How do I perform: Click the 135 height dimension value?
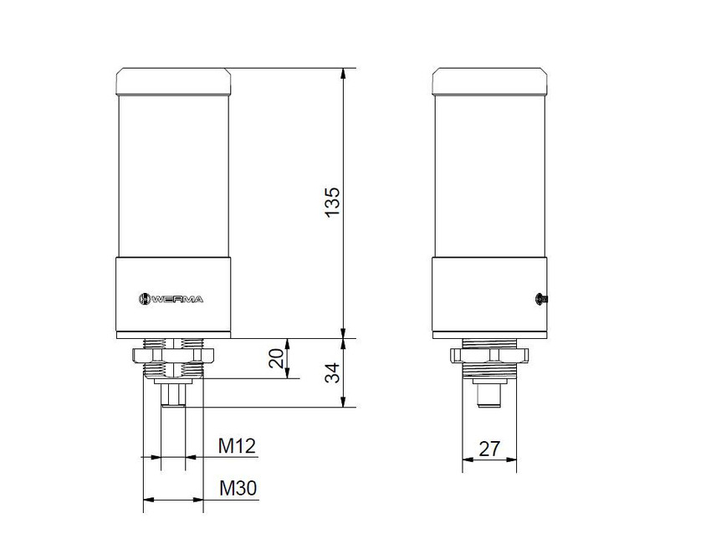click(x=333, y=202)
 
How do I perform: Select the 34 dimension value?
click(x=333, y=372)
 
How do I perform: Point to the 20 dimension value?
click(x=277, y=358)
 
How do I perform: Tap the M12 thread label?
click(x=238, y=446)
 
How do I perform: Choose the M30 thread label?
click(x=238, y=488)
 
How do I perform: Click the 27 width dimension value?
click(x=489, y=449)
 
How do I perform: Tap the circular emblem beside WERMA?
click(x=144, y=299)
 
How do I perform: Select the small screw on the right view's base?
click(x=541, y=299)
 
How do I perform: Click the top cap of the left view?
click(x=173, y=81)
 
